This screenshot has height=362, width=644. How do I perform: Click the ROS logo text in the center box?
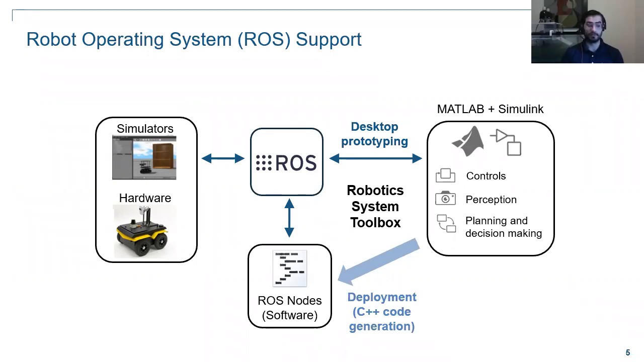[286, 163]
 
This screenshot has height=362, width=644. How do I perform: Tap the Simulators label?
[145, 129]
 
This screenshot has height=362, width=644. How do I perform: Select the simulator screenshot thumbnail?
[144, 158]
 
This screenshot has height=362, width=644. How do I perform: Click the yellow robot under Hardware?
[143, 232]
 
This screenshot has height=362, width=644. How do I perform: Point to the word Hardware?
[145, 198]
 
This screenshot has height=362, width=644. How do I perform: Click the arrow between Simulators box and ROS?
[223, 159]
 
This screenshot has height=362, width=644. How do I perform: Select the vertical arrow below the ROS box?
[289, 218]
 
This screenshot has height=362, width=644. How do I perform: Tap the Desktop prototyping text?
[374, 134]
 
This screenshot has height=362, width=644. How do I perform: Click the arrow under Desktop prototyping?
[375, 159]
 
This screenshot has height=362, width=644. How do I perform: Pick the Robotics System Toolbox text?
[375, 206]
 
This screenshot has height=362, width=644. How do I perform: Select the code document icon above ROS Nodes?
[289, 268]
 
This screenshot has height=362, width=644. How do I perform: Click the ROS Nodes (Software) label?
[290, 308]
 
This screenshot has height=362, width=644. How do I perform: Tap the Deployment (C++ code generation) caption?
[382, 312]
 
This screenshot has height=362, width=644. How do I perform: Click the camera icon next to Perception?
[445, 198]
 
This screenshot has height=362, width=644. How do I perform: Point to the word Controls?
[486, 176]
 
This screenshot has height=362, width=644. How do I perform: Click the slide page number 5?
[628, 352]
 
